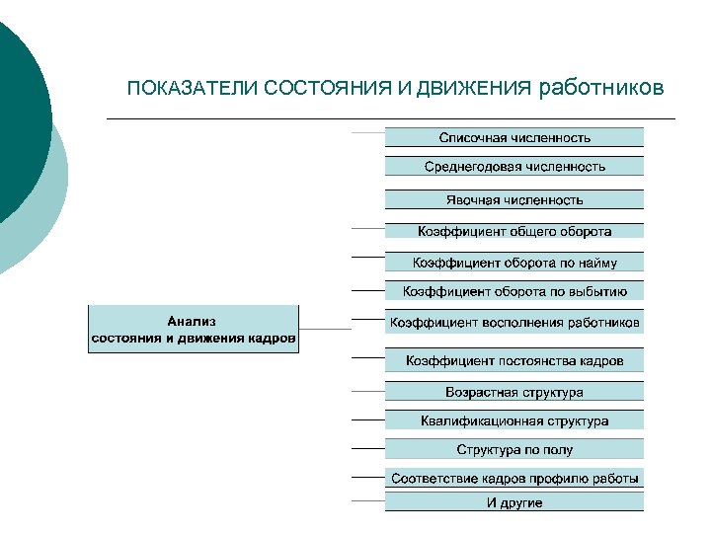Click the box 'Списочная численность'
click(514, 137)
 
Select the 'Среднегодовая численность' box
click(514, 167)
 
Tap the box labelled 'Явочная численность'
click(514, 199)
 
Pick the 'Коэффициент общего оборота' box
click(514, 231)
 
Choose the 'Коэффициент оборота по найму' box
click(514, 262)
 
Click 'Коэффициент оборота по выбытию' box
click(514, 291)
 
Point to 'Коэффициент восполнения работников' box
click(514, 323)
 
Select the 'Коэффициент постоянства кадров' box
click(514, 360)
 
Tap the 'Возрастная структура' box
click(514, 392)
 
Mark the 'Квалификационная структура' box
click(514, 420)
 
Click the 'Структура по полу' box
click(514, 449)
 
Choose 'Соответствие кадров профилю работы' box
click(514, 479)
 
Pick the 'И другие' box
click(514, 502)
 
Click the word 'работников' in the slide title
click(602, 88)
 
